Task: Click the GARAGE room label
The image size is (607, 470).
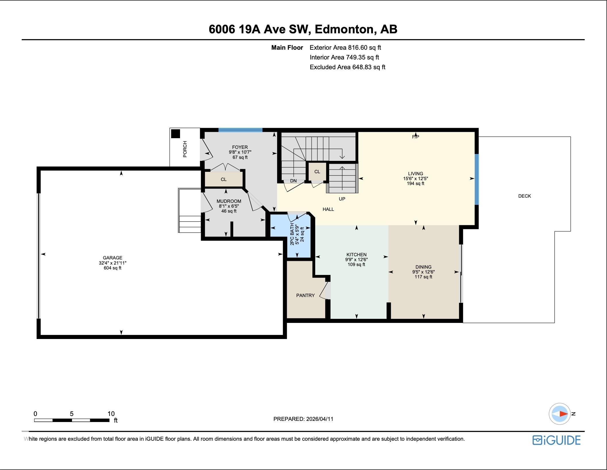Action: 113,258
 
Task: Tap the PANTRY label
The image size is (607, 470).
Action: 305,295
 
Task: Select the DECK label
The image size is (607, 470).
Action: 525,196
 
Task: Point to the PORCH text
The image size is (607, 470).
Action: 185,149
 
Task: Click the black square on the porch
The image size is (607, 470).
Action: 175,134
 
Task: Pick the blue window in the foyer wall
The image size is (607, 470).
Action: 240,130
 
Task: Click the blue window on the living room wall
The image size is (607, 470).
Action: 477,179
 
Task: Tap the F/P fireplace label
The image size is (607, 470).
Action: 415,137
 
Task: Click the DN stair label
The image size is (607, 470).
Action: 293,181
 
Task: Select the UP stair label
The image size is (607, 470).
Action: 342,199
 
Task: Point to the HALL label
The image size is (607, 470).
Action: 328,209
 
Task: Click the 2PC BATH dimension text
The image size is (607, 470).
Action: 297,234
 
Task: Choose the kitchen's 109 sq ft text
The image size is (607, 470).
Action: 356,264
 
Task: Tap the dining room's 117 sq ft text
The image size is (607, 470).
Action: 423,277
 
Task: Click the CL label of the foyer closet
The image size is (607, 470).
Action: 224,179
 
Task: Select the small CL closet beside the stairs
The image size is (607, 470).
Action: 317,172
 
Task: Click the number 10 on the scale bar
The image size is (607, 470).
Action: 111,414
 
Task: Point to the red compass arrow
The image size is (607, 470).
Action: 563,414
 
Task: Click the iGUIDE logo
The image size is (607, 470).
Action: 556,440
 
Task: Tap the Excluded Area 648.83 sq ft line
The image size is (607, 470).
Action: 347,67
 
